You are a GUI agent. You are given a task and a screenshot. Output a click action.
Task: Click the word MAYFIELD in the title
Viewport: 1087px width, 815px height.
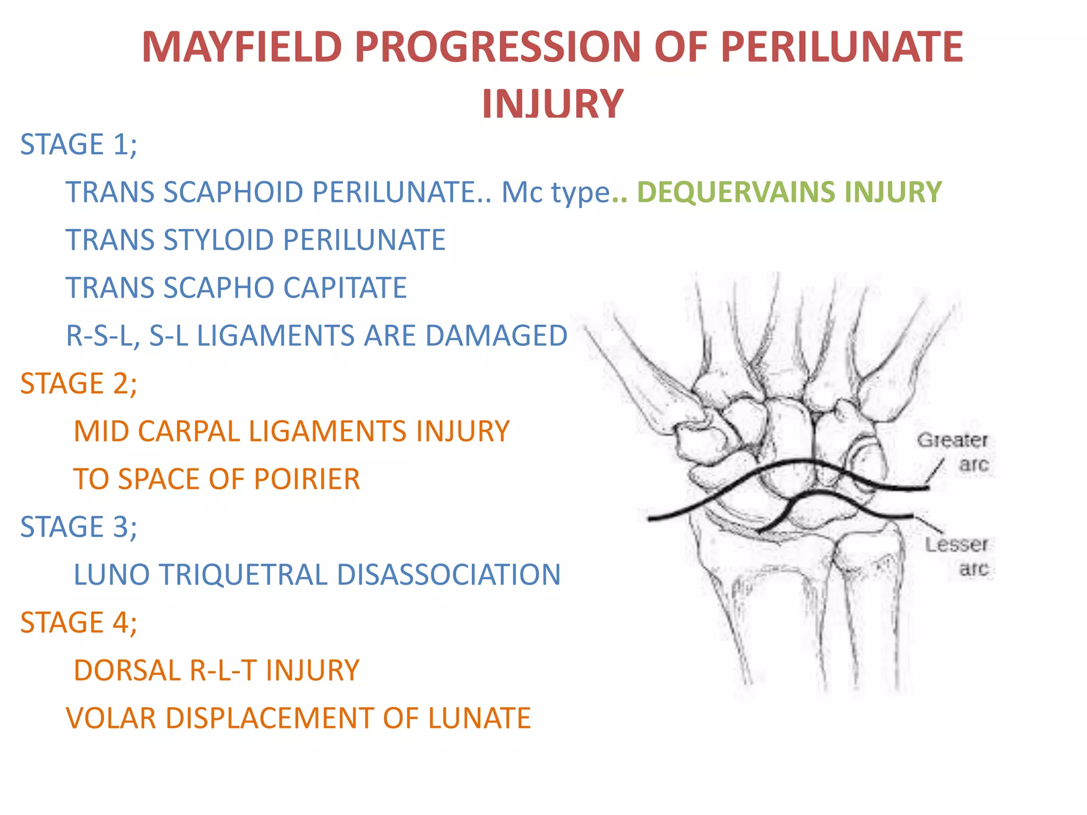[241, 47]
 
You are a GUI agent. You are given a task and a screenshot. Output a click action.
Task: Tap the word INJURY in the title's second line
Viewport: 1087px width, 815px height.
[552, 104]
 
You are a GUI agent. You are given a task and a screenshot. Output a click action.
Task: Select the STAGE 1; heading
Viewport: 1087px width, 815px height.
[79, 144]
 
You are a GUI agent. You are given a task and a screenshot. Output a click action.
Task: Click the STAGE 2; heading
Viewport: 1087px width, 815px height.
[79, 384]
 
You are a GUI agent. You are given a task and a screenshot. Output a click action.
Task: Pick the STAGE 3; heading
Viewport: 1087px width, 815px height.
[79, 527]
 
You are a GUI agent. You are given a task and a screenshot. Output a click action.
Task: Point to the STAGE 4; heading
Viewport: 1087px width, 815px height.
[79, 622]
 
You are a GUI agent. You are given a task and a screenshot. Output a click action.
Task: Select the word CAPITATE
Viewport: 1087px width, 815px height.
[345, 288]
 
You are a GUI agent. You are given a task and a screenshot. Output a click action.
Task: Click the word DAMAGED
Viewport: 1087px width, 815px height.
[496, 336]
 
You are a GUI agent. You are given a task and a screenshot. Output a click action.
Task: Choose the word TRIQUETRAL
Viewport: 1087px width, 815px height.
[243, 575]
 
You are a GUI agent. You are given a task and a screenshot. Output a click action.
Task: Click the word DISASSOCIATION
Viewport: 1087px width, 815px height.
[448, 575]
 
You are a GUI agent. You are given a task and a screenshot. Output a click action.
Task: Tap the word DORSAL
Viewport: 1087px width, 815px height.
[127, 670]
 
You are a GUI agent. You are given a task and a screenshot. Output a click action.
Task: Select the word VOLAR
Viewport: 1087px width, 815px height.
[111, 718]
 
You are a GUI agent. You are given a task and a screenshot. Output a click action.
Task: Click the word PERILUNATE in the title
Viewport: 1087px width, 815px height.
[842, 47]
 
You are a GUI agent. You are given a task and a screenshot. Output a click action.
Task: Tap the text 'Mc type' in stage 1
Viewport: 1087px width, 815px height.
[555, 192]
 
